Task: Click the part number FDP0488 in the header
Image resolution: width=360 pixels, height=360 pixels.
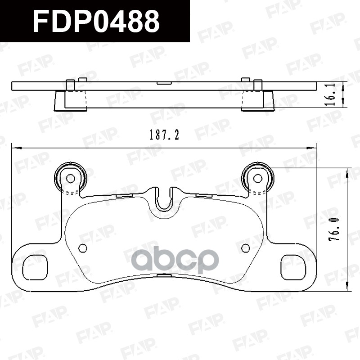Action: click(x=96, y=21)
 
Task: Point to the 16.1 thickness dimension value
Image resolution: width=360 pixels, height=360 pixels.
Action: click(x=333, y=94)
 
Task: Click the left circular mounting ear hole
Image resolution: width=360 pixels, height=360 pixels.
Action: click(x=70, y=178)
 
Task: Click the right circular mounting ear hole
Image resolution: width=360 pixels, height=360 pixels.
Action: click(x=257, y=178)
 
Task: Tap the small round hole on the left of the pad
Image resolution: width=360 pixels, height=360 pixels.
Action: click(x=82, y=248)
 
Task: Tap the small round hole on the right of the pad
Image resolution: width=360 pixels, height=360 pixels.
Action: click(x=245, y=248)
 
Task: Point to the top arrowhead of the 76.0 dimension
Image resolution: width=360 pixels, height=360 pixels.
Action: click(x=347, y=171)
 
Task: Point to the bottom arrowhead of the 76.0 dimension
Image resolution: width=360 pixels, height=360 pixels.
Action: click(x=347, y=288)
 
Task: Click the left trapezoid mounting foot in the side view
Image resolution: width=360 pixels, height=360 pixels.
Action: click(x=59, y=101)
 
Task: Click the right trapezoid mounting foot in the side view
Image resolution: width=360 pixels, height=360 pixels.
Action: click(x=269, y=101)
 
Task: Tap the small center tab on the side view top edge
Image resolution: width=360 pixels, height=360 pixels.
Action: click(x=164, y=83)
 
